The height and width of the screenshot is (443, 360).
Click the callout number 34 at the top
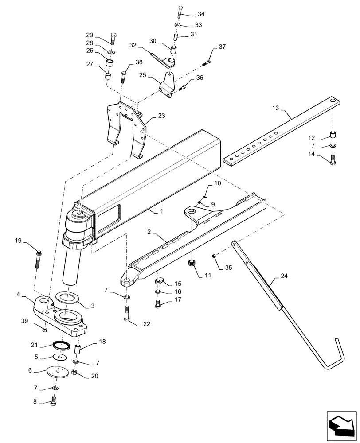click(x=196, y=13)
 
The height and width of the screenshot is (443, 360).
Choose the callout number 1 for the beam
click(x=162, y=212)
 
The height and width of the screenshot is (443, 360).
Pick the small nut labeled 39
click(x=44, y=329)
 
